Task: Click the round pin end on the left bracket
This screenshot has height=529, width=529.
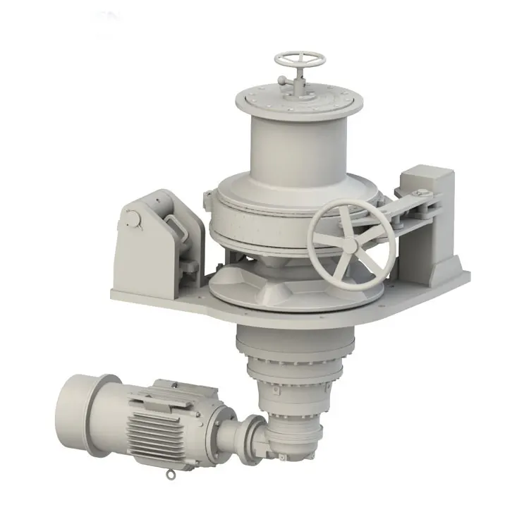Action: [x=131, y=221]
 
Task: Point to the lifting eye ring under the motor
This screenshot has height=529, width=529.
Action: [x=169, y=475]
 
